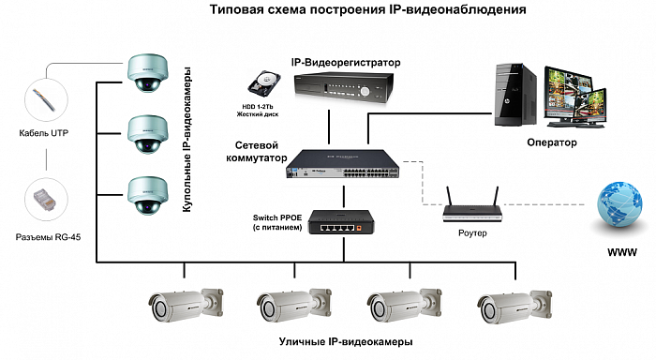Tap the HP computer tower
(515, 95)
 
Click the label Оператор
(551, 142)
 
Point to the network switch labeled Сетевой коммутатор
(343, 164)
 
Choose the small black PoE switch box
(341, 222)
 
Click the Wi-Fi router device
(472, 205)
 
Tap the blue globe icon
(619, 205)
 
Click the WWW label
(622, 252)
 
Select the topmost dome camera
(148, 73)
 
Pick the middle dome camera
(148, 134)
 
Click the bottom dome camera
(148, 196)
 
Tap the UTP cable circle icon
(46, 100)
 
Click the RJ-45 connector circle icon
(46, 200)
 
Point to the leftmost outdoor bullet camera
(186, 305)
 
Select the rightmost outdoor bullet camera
(514, 307)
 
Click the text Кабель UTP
(43, 133)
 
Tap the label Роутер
(472, 233)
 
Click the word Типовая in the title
(235, 8)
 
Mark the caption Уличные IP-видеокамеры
(346, 342)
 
